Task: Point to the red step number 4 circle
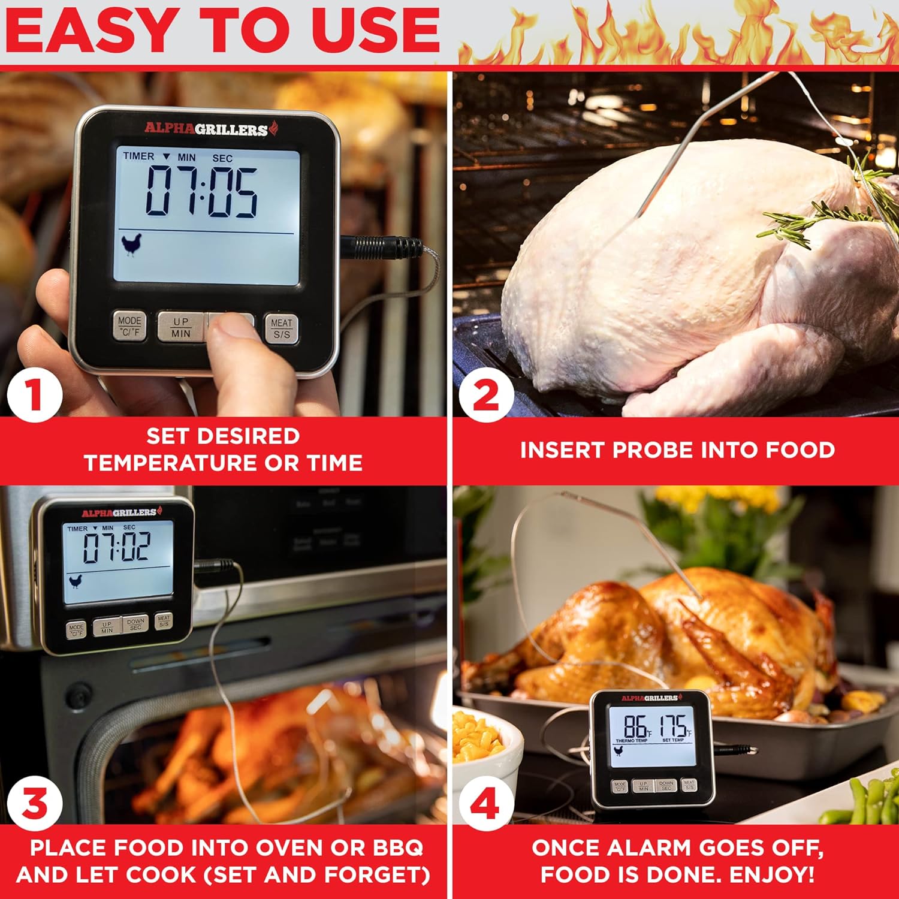(x=485, y=804)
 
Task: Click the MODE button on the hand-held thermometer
(x=129, y=326)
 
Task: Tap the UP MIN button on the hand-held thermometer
(x=180, y=327)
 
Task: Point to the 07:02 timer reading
(x=116, y=547)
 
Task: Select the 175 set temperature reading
(x=674, y=727)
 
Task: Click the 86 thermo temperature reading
(x=635, y=727)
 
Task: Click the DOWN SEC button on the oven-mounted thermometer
(x=135, y=625)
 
